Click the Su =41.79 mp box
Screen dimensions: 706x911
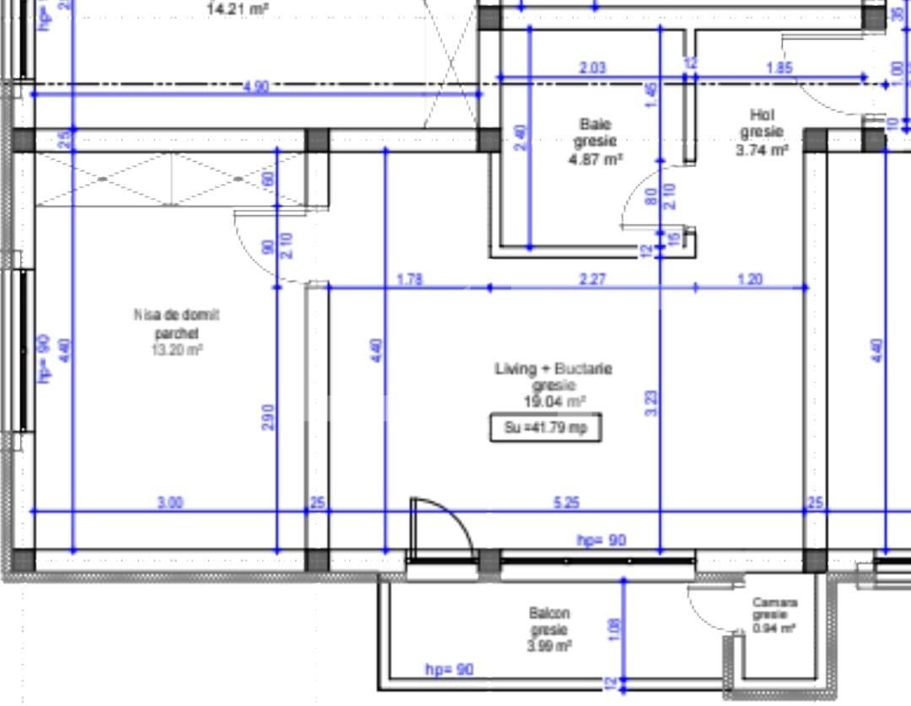coord(547,428)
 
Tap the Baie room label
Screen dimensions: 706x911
coord(596,125)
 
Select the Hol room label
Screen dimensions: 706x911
coord(762,115)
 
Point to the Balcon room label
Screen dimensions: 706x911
coord(549,613)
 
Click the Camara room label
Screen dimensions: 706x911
coord(774,602)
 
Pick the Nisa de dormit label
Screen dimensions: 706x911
coord(176,315)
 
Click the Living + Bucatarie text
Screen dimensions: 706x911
coord(553,369)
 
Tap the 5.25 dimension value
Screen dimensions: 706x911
coord(566,503)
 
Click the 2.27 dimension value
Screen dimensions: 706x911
coord(592,279)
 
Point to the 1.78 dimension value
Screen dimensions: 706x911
coord(409,279)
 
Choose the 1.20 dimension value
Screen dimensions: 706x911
coord(750,279)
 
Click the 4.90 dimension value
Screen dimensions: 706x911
coord(256,86)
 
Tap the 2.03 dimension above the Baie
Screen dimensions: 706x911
coord(592,68)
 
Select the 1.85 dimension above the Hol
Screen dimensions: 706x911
coord(779,68)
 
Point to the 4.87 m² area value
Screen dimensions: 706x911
coord(596,159)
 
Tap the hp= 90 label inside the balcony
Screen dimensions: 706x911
coord(450,670)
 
